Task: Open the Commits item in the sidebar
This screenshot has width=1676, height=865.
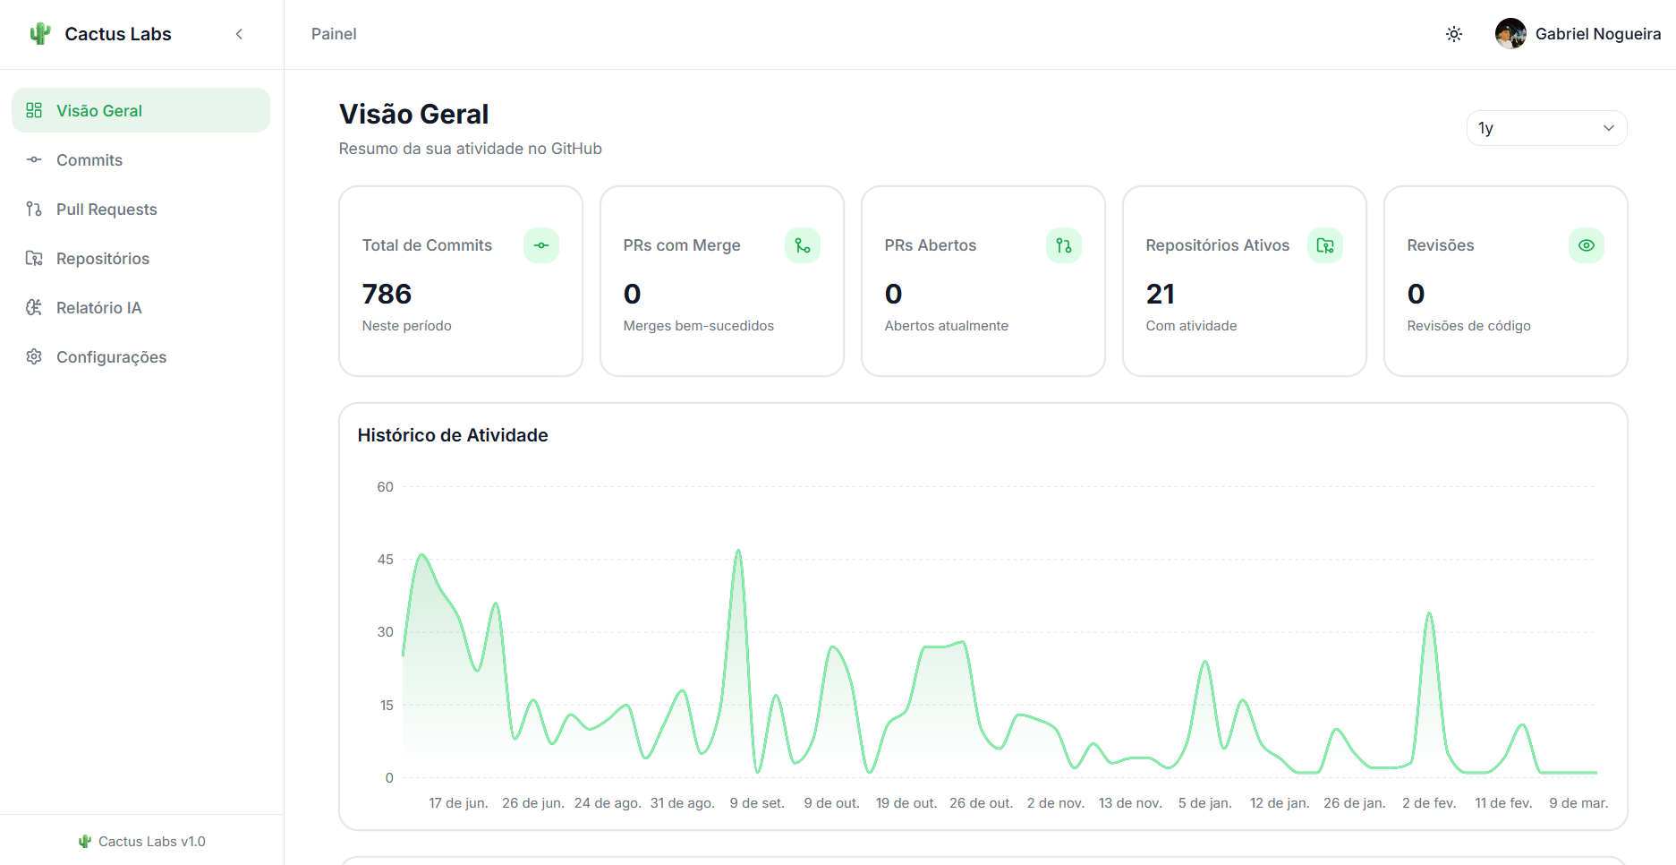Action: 89,160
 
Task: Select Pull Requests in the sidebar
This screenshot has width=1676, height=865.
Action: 106,210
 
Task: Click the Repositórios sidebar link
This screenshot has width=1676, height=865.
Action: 102,259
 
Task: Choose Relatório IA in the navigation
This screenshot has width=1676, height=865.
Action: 98,308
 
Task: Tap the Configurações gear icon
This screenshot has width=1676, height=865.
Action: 34,357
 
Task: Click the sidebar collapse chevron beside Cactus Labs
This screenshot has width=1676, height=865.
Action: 239,34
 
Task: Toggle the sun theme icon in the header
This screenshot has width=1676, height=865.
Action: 1454,34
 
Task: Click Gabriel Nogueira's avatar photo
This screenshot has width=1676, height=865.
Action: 1510,34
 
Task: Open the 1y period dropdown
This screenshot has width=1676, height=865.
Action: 1545,128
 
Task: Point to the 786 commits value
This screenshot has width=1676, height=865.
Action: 387,294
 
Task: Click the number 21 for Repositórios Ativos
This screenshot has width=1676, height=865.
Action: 1160,294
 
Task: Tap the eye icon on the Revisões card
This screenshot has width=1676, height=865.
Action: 1586,245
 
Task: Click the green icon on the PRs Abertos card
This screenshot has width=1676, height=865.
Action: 1063,245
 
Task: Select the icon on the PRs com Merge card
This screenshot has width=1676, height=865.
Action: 802,245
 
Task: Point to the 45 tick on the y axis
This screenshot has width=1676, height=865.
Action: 385,560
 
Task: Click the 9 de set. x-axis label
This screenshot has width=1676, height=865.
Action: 757,803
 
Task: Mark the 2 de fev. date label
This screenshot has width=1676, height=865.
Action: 1429,803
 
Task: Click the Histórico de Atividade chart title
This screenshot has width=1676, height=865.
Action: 453,435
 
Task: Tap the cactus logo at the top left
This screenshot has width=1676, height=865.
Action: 39,34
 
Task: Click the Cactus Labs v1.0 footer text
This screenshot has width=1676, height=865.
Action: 151,842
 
